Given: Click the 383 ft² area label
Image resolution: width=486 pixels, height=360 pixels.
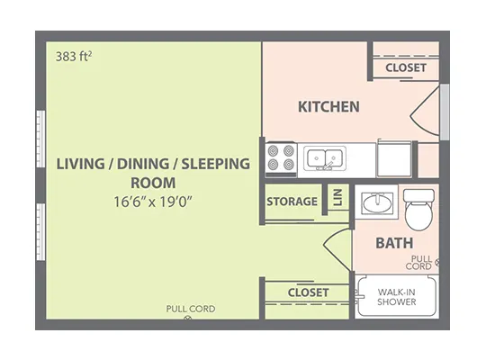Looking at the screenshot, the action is (x=74, y=57).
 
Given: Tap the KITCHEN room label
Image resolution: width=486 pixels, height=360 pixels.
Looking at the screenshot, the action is (x=328, y=107).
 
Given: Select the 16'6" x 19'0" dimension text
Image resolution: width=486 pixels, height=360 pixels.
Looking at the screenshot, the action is (x=153, y=202).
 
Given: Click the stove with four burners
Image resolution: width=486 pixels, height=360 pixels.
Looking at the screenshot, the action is (x=281, y=159).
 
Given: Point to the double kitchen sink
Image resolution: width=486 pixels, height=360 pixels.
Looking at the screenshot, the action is (x=325, y=158).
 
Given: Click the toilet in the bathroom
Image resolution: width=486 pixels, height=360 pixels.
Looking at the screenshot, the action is (x=418, y=210).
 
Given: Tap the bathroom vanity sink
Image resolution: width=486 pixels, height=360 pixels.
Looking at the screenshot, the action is (x=377, y=203).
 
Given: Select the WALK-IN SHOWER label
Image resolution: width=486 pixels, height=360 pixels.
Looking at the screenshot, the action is (x=396, y=297).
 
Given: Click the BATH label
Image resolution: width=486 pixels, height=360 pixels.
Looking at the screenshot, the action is (x=394, y=243).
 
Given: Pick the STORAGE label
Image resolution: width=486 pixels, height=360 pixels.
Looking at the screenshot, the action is (x=292, y=202).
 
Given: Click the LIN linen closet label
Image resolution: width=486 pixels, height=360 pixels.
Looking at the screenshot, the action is (x=337, y=197).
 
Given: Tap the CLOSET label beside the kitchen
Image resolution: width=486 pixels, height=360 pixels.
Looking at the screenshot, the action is (x=406, y=67).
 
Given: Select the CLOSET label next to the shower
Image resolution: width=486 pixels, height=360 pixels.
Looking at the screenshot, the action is (x=308, y=292).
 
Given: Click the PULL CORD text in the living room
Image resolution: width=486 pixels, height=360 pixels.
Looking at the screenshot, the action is (x=191, y=309).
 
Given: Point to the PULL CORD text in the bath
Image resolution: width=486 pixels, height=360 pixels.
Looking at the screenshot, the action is (x=418, y=263).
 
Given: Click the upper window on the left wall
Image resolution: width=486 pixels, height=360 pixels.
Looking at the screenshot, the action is (x=40, y=139).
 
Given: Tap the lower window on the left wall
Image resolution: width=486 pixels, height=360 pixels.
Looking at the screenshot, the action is (x=40, y=231).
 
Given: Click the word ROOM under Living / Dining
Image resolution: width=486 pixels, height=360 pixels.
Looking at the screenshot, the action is (x=153, y=183).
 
